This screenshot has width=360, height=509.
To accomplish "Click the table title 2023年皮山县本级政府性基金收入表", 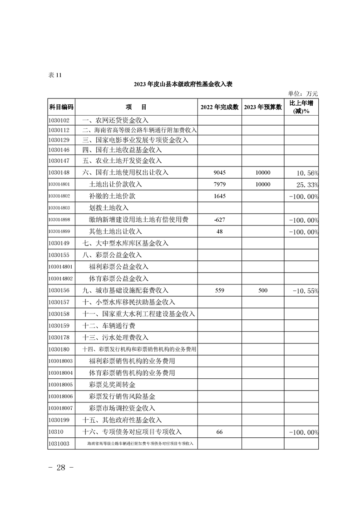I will [183, 84].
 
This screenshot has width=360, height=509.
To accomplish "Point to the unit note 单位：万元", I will [303, 93].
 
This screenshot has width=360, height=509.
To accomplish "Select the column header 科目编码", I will [61, 107].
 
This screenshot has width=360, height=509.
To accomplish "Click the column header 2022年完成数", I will [219, 107].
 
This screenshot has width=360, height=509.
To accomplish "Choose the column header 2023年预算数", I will [263, 107].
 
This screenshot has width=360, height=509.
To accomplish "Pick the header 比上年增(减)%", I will [301, 107].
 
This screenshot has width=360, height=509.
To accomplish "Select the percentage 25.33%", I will [306, 185].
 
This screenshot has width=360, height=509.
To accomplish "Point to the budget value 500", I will [263, 290].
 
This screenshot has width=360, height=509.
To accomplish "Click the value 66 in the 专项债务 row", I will [219, 432].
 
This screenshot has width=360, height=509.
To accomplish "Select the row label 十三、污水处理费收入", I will [115, 338].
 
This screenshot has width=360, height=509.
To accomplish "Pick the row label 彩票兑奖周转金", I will [113, 385].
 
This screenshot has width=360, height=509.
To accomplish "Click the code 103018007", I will [60, 408].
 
